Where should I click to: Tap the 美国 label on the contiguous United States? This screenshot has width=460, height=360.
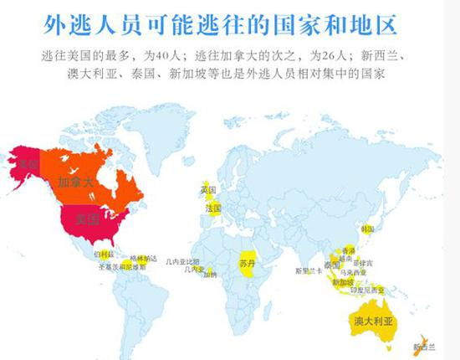click(88, 220)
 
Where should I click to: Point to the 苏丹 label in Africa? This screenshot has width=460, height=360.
click(247, 264)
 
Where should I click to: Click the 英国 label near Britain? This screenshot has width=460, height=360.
click(208, 190)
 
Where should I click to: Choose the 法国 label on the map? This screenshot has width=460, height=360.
click(212, 207)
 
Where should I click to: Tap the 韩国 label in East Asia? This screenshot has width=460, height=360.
click(366, 229)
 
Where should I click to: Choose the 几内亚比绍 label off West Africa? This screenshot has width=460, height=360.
click(182, 261)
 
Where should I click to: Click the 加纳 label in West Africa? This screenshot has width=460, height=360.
click(209, 275)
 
